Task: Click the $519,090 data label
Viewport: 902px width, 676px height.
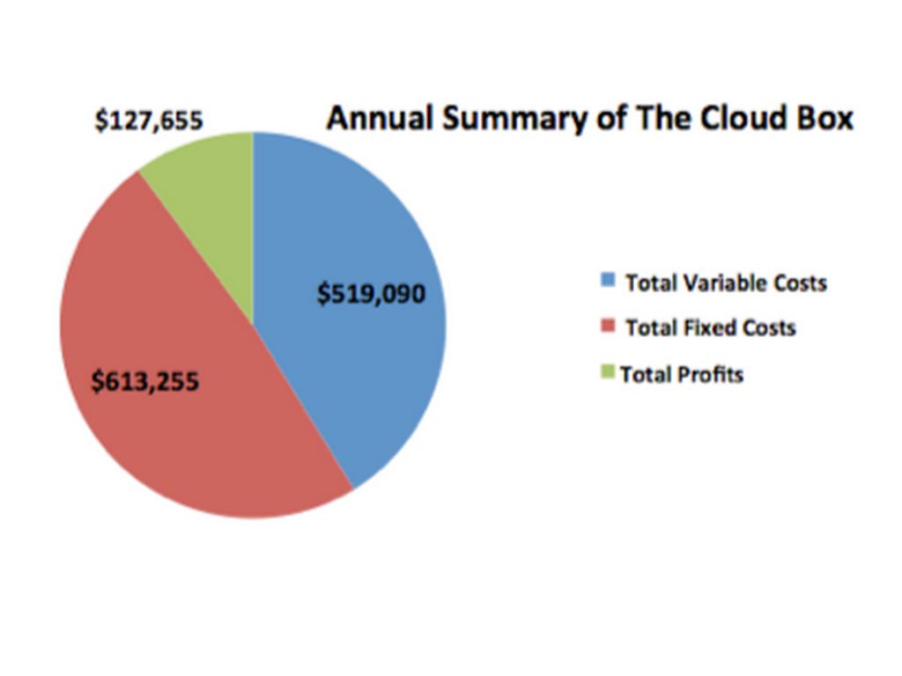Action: point(371,293)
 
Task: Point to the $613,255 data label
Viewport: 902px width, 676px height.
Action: point(146,382)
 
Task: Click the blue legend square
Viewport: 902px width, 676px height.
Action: point(607,280)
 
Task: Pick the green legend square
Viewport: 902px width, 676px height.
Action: point(607,372)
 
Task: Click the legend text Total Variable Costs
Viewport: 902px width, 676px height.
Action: point(726,283)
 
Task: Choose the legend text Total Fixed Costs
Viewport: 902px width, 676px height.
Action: point(710,328)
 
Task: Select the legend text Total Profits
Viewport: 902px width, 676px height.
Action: point(682,374)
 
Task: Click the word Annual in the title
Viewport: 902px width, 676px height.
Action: point(380,118)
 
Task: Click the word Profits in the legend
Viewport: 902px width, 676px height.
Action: point(711,374)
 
